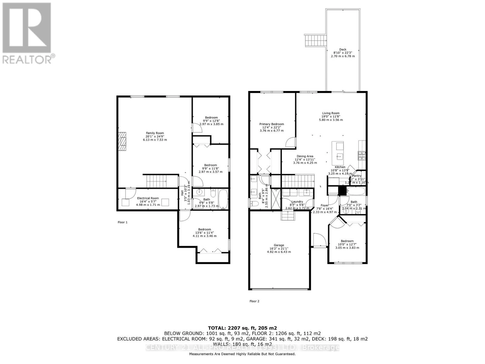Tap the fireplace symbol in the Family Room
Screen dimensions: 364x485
point(122,142)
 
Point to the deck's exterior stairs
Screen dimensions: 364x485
point(315,40)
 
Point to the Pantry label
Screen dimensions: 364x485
point(357,176)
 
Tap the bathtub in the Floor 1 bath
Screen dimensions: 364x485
point(223,199)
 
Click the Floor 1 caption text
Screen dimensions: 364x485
point(122,222)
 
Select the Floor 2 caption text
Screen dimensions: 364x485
point(254,301)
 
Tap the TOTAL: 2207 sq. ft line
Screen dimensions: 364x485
point(242,328)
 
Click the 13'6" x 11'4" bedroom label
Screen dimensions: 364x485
point(205,233)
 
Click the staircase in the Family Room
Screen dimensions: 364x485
point(156,181)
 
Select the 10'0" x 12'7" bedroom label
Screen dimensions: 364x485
point(347,244)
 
